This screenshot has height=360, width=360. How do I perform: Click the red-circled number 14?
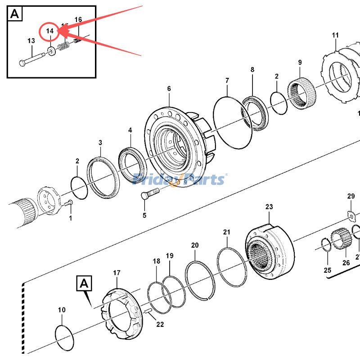49,31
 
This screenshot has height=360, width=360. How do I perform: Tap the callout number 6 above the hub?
169,89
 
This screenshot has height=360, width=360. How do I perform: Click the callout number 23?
269,207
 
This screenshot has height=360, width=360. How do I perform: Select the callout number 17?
117,273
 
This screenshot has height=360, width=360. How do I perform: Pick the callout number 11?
336,35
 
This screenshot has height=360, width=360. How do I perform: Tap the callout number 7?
227,81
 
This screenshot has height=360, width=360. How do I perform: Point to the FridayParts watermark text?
180,180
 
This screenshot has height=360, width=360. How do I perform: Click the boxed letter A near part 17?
84,283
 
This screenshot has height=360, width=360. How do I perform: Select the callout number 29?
351,196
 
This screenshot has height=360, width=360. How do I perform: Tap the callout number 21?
227,232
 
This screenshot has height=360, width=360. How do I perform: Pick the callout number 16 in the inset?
78,19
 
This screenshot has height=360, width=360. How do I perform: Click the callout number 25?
327,270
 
